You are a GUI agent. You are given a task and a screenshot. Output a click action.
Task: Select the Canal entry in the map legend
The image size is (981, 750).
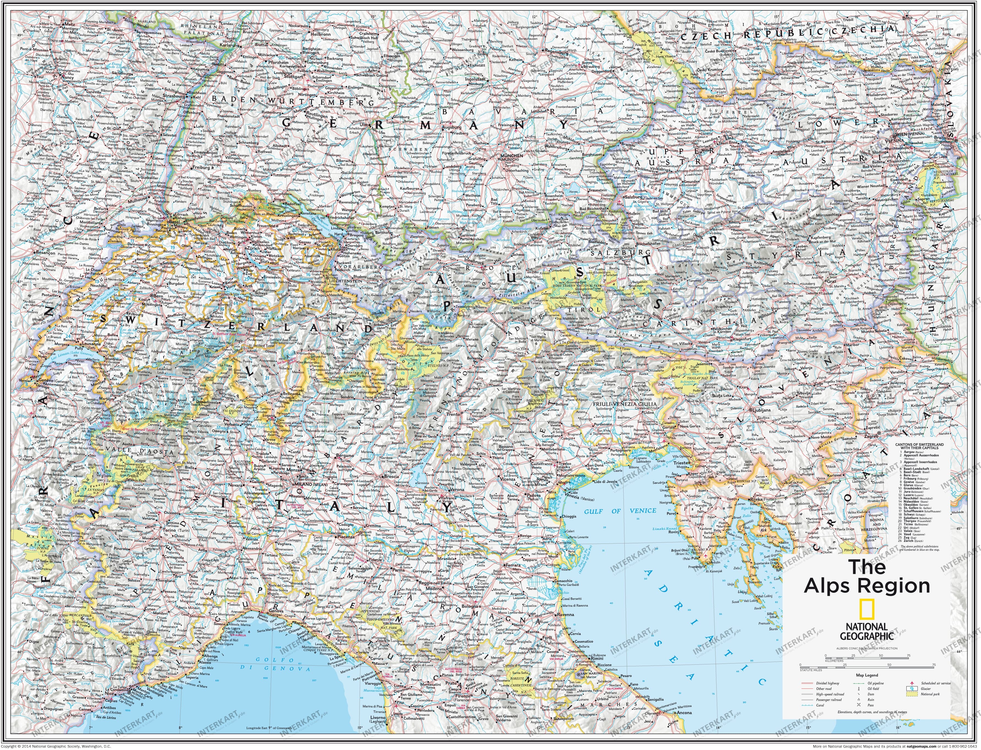pyautogui.click(x=820, y=705)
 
